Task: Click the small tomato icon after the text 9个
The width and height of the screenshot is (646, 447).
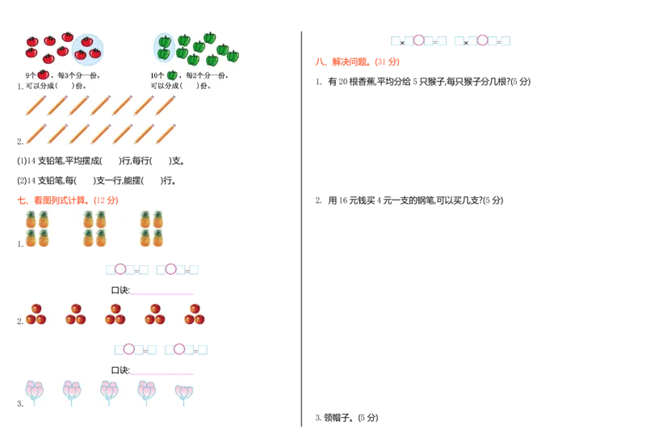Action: [43, 74]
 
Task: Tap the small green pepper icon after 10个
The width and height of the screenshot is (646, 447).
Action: [172, 75]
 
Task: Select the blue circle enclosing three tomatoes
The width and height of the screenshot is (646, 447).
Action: [88, 49]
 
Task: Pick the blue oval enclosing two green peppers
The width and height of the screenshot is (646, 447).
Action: [164, 48]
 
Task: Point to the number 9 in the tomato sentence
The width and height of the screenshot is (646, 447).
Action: [27, 75]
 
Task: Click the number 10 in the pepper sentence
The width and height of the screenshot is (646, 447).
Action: [153, 75]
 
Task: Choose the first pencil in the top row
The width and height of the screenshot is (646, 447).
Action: [35, 105]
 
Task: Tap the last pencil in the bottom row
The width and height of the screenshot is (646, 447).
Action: [166, 134]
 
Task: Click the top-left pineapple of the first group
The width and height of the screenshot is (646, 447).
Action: [31, 219]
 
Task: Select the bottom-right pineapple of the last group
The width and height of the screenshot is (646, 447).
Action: [158, 238]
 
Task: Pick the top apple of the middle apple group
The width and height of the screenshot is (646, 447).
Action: [115, 308]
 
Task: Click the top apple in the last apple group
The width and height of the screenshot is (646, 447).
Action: [195, 308]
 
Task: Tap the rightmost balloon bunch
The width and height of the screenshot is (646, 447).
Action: [184, 393]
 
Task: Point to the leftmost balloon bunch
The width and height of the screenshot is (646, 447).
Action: [34, 392]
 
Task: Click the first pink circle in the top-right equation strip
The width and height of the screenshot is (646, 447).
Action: [418, 40]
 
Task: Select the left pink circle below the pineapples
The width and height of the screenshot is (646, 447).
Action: [120, 269]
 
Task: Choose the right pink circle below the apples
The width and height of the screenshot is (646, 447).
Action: [179, 349]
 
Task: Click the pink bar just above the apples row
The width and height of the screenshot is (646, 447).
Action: [164, 294]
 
